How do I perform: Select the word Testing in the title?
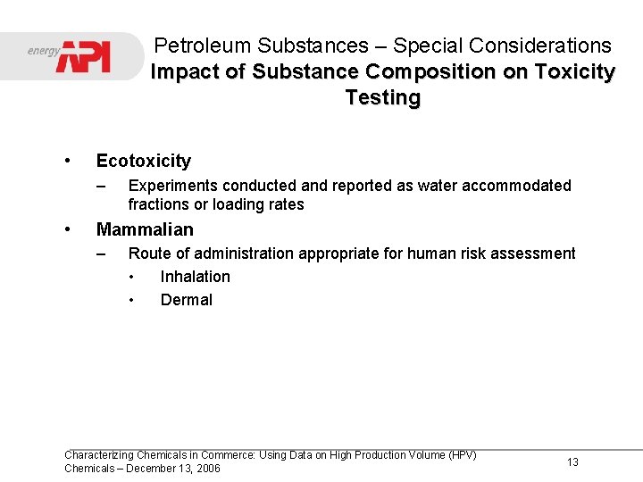pos(382,97)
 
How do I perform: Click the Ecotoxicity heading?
pos(143,161)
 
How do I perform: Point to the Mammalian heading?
pos(145,229)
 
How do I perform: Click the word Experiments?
pos(173,186)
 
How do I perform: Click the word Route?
pos(149,253)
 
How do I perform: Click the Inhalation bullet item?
pos(195,277)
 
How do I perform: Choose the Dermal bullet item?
pos(186,300)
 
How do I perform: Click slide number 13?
pos(572,461)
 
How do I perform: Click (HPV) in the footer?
pos(460,455)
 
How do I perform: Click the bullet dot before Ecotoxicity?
pos(68,161)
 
